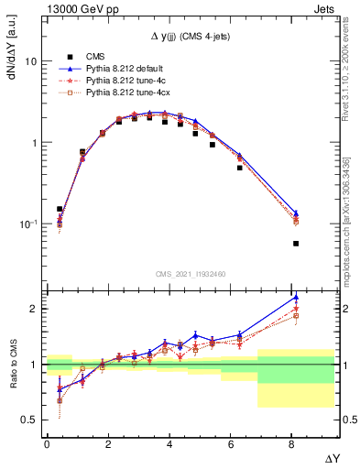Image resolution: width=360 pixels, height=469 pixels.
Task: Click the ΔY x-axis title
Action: [333, 455]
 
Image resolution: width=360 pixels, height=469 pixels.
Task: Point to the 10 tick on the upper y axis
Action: [29, 62]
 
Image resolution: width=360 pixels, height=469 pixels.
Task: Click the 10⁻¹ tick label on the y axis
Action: [27, 224]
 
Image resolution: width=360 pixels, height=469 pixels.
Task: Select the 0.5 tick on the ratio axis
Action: [28, 420]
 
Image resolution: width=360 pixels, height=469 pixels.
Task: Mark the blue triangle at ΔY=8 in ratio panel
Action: [296, 297]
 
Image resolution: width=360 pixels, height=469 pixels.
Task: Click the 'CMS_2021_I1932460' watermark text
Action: [190, 274]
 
